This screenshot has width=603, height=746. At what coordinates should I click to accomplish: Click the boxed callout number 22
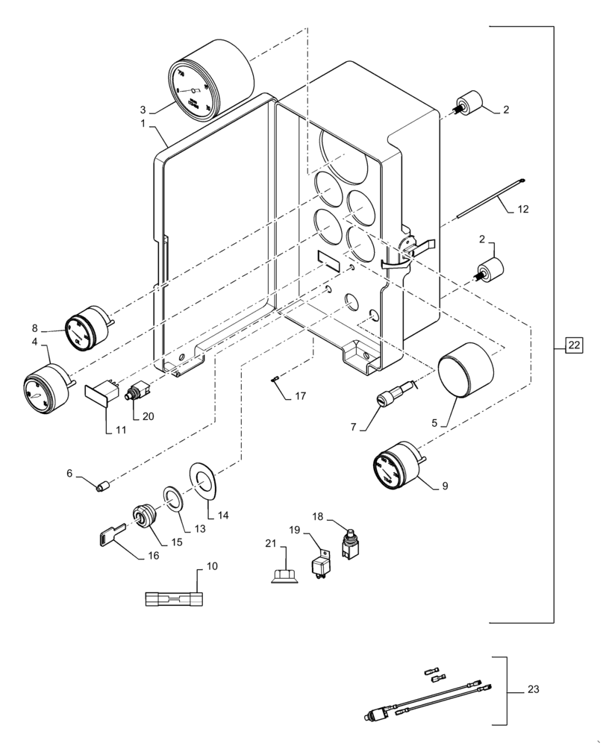[x=572, y=345]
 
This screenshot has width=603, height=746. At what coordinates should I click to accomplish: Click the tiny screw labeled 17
[x=275, y=380]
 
